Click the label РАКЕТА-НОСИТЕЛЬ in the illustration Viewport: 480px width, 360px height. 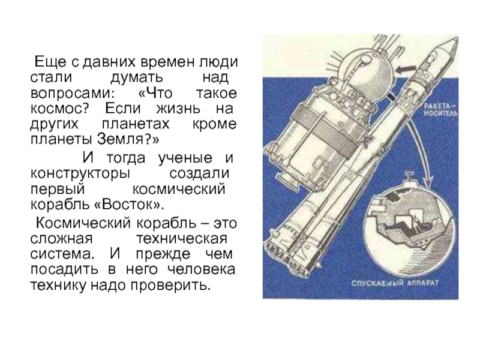pos(440,110)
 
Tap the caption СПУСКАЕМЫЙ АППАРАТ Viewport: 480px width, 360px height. pos(395,283)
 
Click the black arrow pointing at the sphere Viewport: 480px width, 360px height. pos(406,70)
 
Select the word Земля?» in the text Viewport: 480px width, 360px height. pos(128,139)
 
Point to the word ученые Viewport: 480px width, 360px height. pos(185,158)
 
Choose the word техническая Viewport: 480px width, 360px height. pos(182,238)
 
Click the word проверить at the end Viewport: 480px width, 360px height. pos(171,286)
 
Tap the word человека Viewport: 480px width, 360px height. pos(202,269)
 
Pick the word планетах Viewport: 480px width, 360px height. pos(136,124)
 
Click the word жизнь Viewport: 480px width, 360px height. pos(178,109)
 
